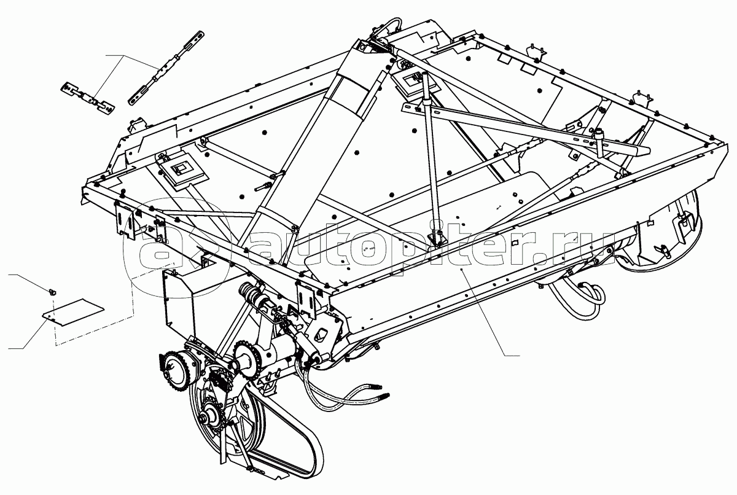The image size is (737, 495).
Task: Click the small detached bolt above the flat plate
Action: pyautogui.click(x=52, y=291)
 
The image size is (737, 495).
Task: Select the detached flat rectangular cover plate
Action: pyautogui.click(x=72, y=313)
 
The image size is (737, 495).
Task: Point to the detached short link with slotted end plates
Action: pyautogui.click(x=88, y=98)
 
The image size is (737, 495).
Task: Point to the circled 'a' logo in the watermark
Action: pyautogui.click(x=177, y=247)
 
